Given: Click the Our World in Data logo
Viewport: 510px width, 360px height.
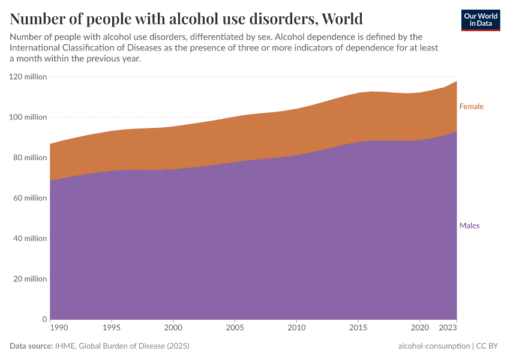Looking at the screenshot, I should point(480,20).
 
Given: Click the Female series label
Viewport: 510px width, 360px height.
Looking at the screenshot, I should point(471,106).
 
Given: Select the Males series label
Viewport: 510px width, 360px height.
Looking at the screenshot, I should point(469,226).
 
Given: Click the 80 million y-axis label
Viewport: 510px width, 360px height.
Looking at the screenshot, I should point(29,158).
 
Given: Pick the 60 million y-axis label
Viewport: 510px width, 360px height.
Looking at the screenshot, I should point(29,198).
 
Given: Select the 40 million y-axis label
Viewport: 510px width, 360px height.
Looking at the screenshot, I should point(29,238).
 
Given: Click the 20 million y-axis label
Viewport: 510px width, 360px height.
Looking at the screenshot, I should point(29,279).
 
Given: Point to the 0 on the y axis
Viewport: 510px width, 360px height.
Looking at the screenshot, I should point(44,319).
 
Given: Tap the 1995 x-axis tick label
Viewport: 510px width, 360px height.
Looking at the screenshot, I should point(112,328).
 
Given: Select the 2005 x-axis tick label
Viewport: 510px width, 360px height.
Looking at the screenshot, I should point(235,328).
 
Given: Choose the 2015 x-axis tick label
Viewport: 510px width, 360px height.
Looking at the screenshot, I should point(358,328).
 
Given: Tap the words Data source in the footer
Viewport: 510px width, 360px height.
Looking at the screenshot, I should point(31,346).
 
